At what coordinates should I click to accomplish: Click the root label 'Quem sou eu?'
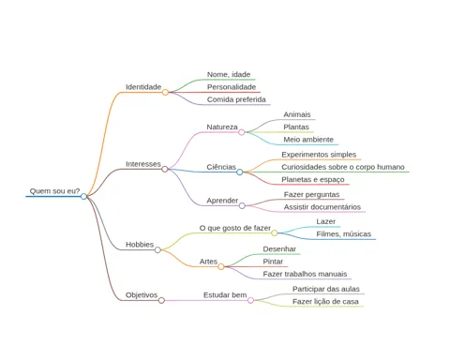coord(54,191)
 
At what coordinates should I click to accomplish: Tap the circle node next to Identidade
coord(165,92)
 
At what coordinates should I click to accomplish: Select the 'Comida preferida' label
coord(236,99)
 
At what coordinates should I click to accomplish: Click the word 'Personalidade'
coord(232,87)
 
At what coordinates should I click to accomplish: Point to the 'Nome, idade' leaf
coord(229,75)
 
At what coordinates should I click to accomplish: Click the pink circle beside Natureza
coord(242,132)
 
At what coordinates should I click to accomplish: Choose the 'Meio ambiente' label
coord(308,140)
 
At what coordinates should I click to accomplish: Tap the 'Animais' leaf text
coord(297,114)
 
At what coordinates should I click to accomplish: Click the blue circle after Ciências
coord(240,172)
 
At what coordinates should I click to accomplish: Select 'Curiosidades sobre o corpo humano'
coord(343,167)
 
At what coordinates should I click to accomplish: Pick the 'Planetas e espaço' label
coord(313,180)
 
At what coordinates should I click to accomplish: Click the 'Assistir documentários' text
coord(322,207)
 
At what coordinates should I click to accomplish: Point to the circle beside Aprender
coord(242,205)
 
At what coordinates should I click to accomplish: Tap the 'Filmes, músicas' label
coord(344,234)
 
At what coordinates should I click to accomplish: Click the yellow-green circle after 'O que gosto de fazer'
coord(275,232)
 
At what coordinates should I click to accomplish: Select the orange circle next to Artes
coord(221,266)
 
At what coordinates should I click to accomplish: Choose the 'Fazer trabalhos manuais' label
coord(305,274)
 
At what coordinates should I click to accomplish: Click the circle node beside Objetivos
coord(161,300)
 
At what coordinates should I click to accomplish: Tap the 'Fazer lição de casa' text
coord(325,302)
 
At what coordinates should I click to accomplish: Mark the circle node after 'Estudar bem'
coord(250,300)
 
